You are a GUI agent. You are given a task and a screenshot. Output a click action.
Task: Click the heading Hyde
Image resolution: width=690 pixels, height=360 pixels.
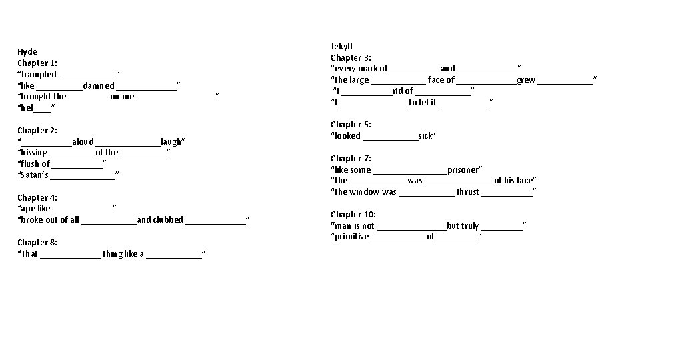(27, 52)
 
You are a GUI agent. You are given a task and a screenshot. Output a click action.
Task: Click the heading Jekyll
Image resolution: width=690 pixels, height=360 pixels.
(341, 46)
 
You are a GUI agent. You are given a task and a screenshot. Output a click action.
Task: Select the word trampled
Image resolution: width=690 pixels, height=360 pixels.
(39, 74)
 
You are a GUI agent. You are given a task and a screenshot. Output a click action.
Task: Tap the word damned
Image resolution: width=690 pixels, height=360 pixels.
(99, 85)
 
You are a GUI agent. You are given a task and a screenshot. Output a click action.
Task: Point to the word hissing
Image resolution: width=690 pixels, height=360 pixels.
(33, 153)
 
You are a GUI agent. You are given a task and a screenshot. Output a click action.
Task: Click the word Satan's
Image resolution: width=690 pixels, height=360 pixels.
(34, 175)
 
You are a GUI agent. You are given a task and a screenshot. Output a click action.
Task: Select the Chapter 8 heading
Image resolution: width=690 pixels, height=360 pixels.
(37, 242)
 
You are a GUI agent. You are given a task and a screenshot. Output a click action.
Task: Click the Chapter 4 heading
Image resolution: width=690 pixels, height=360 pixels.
(37, 197)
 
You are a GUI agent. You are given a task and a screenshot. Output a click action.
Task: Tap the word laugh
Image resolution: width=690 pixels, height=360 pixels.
(171, 141)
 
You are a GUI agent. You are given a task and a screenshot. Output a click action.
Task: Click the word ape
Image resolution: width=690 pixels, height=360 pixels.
(28, 209)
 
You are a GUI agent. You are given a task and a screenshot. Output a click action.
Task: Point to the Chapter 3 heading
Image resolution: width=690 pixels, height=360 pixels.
(351, 57)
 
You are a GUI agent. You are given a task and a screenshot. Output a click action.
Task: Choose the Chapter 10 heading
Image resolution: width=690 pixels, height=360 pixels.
(353, 214)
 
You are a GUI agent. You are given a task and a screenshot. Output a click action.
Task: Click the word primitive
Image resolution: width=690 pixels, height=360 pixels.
(352, 237)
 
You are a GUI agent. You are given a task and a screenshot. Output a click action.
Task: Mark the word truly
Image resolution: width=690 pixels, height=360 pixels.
(470, 225)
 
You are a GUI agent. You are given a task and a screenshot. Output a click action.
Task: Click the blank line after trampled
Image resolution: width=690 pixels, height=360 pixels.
(87, 75)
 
